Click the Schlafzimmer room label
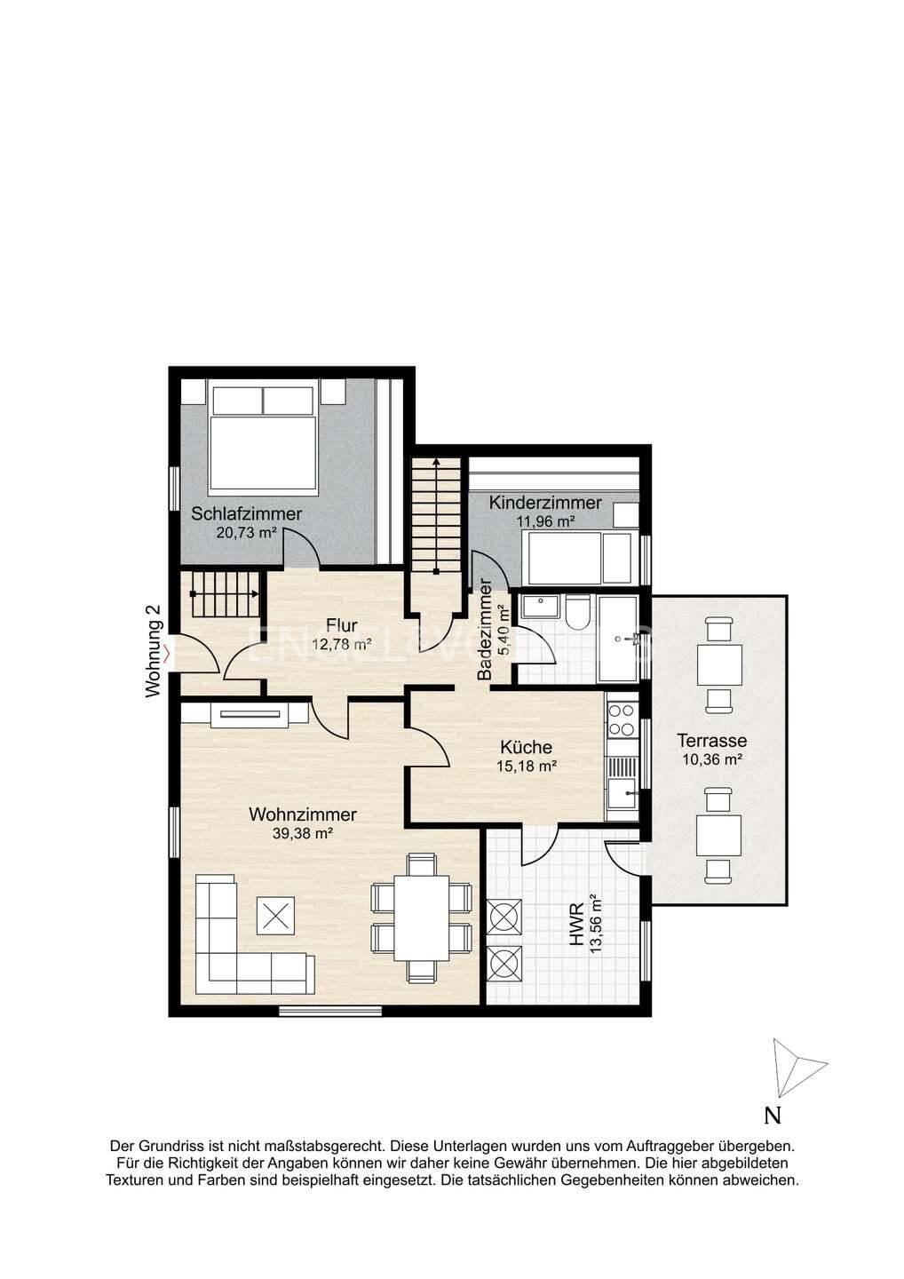coord(246,513)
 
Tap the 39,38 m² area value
coord(303,833)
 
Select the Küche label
coord(527,747)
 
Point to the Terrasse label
coord(711,741)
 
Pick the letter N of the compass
coord(773,1115)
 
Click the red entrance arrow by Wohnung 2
coord(167,652)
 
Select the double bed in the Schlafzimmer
coord(263,438)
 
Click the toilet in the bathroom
coord(577,612)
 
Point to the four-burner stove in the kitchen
coord(622,720)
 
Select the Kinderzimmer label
coord(545,503)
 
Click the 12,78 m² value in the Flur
coord(342,645)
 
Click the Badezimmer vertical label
coord(485,630)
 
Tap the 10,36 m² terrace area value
coord(711,759)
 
